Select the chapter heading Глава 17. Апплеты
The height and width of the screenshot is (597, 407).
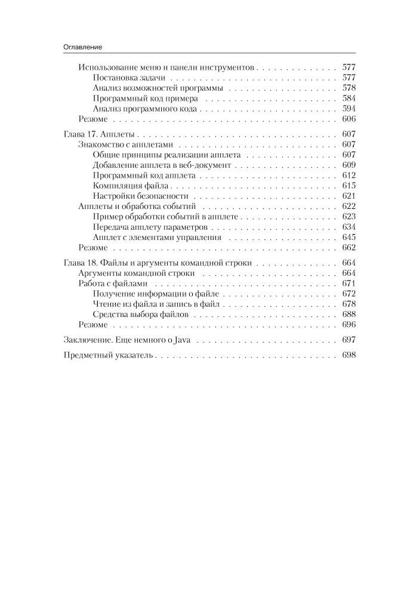click(100, 135)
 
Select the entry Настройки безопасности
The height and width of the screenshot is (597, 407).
click(141, 196)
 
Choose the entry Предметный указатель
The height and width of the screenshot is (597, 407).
click(109, 355)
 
